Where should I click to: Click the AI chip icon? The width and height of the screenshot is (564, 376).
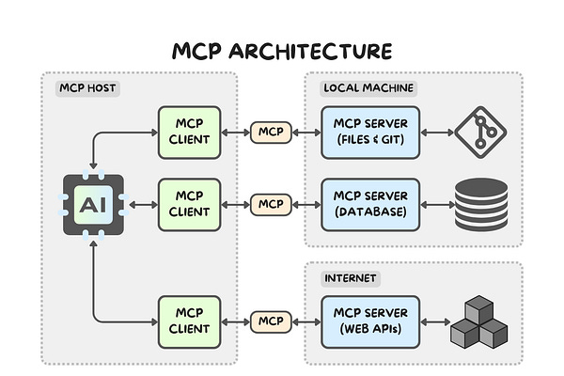click(x=93, y=205)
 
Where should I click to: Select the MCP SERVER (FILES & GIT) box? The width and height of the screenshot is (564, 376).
click(x=370, y=133)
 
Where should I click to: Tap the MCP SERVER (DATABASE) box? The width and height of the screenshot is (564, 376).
click(x=370, y=204)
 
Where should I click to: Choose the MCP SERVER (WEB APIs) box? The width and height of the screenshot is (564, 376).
click(x=370, y=322)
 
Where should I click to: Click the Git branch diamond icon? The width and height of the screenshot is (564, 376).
click(x=480, y=132)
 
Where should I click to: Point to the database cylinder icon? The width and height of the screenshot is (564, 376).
click(x=481, y=204)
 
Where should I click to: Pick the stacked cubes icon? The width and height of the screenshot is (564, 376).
click(x=479, y=322)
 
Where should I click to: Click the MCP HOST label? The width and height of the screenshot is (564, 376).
click(x=87, y=88)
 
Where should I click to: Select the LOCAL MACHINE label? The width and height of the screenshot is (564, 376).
click(x=368, y=88)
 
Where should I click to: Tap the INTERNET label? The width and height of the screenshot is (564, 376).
click(x=351, y=278)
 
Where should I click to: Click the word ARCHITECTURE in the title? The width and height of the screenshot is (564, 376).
click(x=310, y=51)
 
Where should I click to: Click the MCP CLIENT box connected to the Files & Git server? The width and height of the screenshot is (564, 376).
click(x=189, y=133)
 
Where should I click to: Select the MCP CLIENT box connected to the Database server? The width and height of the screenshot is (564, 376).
click(x=189, y=204)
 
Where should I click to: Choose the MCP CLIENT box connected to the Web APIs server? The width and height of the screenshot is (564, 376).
click(x=189, y=322)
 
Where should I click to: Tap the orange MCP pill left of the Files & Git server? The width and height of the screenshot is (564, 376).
click(x=271, y=133)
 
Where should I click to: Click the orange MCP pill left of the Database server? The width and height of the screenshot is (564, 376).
click(x=271, y=205)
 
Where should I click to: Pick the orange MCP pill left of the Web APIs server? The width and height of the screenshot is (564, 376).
click(x=271, y=322)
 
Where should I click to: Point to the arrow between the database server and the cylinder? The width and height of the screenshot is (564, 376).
click(x=437, y=205)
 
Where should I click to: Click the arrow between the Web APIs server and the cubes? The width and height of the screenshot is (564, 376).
click(x=435, y=322)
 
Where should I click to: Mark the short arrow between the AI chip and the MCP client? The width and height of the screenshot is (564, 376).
click(x=144, y=205)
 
